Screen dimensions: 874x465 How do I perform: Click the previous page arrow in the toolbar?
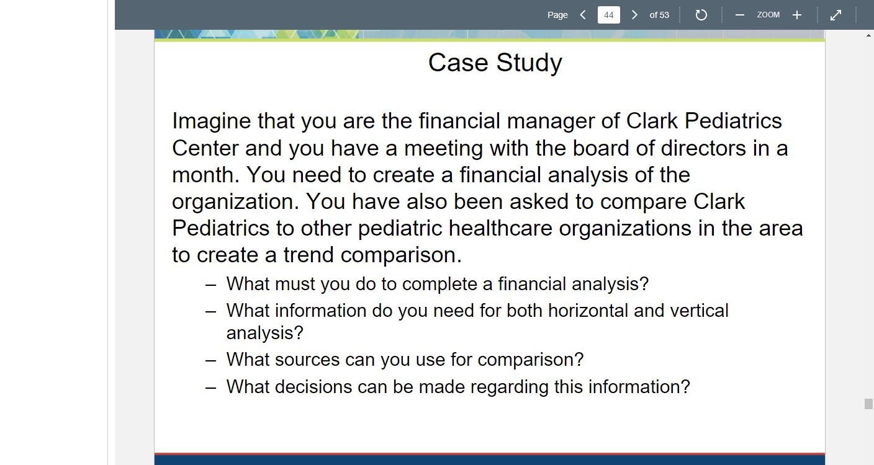pos(583,15)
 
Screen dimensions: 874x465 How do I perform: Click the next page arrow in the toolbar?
pos(634,15)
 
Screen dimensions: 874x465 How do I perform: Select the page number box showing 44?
pos(609,15)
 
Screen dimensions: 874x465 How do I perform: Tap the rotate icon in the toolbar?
pos(701,15)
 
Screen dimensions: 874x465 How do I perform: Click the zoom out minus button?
pos(740,15)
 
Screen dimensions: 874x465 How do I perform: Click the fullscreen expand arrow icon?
pos(836,15)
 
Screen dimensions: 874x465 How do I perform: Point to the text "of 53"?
pos(659,15)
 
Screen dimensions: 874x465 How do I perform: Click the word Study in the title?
pos(529,63)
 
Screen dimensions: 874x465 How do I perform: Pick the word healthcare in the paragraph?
pos(500,228)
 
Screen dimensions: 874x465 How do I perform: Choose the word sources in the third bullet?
pos(307,360)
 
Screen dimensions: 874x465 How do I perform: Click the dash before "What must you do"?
pos(210,286)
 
